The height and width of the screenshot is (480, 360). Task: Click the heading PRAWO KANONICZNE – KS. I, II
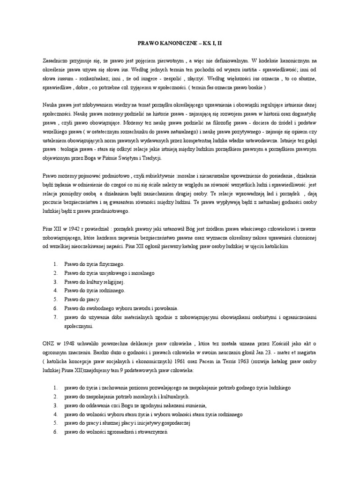tap(180, 43)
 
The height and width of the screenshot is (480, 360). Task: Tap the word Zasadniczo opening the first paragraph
tap(52, 61)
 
